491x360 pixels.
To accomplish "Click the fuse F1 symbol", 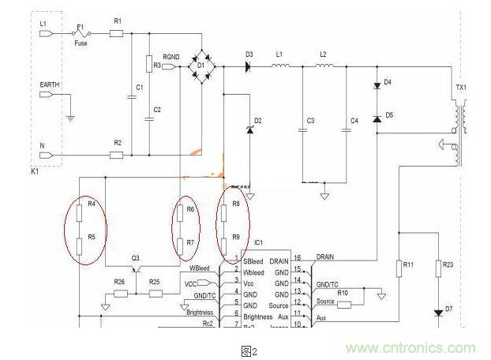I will point(79,33).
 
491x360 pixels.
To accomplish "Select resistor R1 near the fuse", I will point(116,33).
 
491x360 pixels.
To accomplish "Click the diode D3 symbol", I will point(249,68).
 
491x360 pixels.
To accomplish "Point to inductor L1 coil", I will point(279,67).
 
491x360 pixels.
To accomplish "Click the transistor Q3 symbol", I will point(138,271).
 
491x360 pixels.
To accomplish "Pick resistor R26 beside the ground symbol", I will point(120,294).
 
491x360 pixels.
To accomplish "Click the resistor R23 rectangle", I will point(438,269).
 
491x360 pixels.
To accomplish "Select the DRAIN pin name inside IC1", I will point(279,260).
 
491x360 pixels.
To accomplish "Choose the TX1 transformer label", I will point(460,87).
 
